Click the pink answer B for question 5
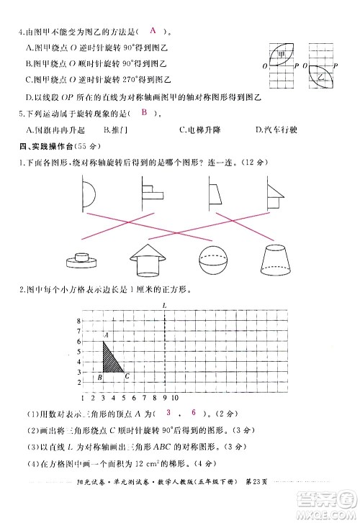click(144, 113)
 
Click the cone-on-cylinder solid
click(145, 257)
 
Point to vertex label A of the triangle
click(106, 335)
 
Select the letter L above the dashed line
click(166, 305)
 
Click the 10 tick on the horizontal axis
click(175, 396)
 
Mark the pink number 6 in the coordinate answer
click(194, 412)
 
